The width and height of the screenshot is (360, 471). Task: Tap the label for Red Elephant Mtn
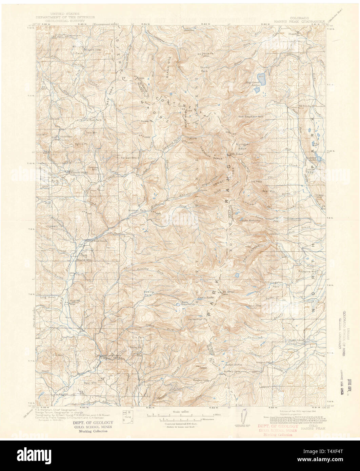click(x=251, y=117)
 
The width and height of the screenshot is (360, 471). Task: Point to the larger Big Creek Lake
click(x=261, y=77)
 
